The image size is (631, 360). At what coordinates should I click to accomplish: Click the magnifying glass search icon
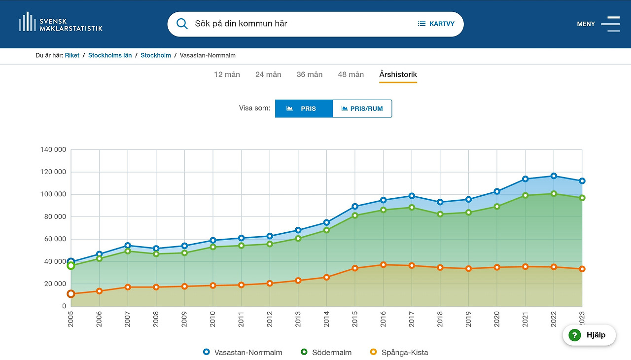[x=182, y=24]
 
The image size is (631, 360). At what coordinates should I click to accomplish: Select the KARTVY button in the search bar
[x=436, y=24]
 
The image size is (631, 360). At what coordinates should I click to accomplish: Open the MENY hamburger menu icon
[x=610, y=24]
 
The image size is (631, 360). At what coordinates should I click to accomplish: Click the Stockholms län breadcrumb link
[x=110, y=55]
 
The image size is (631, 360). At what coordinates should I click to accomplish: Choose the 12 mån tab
[x=227, y=74]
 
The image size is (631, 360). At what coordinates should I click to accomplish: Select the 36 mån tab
[x=310, y=74]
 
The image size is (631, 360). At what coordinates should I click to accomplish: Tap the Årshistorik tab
[x=398, y=74]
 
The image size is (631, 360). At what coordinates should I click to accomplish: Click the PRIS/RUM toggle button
[x=362, y=108]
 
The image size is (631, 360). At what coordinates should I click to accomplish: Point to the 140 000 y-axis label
[x=53, y=150]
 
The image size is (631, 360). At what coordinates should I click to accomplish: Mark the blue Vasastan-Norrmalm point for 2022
[x=554, y=176]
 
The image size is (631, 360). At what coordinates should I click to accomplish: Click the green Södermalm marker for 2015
[x=354, y=216]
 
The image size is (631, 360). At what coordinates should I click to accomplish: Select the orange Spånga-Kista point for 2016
[x=383, y=265]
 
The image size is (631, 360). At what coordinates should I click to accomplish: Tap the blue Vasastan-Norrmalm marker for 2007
[x=128, y=246]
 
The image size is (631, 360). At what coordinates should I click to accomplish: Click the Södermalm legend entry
[x=326, y=352]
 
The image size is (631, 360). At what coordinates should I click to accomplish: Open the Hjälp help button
[x=589, y=335]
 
